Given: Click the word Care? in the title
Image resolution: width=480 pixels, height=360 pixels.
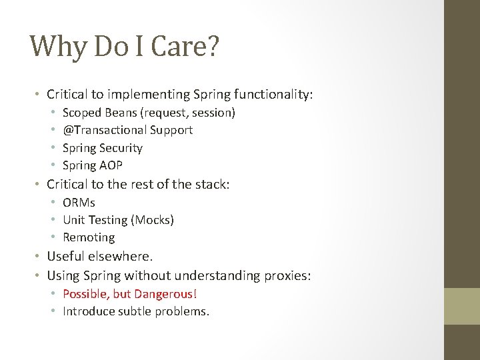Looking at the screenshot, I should coord(187,47).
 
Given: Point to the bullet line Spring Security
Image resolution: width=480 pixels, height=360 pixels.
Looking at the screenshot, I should coord(103,147).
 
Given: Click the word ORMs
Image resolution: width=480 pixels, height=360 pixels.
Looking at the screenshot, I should coord(79,202).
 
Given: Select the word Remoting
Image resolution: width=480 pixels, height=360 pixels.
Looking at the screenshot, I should coord(89,237).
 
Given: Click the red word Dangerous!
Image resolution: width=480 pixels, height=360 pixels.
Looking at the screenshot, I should coord(166,293).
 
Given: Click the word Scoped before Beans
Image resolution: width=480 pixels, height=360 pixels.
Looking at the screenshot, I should coord(81,113).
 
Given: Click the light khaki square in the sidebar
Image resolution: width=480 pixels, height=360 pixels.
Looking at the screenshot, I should coord(462,306).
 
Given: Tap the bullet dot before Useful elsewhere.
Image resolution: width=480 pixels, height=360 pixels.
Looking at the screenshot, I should coord(39,257).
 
